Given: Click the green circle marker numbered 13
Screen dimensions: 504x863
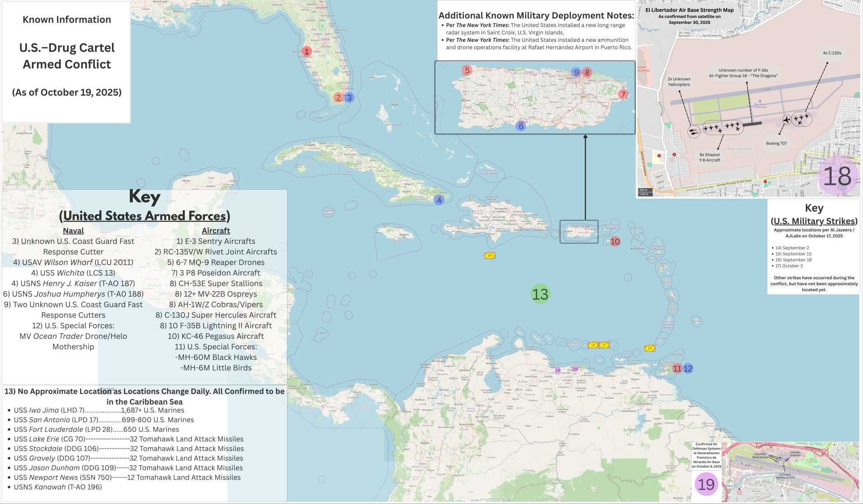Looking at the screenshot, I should pos(540,294).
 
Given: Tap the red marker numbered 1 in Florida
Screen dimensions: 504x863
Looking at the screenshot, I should pos(307,51).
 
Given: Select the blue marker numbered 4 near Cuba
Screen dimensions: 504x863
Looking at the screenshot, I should pos(439,200).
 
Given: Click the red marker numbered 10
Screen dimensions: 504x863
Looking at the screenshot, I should pos(615,242).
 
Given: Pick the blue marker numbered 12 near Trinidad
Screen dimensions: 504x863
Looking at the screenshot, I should pos(688,369).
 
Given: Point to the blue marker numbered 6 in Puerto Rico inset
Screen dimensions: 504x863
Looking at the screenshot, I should pos(521,126).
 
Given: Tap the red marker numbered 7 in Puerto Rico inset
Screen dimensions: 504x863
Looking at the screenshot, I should pos(623,94).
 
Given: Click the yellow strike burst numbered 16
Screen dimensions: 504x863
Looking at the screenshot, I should pos(489,256).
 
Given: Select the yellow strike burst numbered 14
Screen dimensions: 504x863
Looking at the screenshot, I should pos(649,348).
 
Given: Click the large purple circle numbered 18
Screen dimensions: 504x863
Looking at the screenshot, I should pos(837,176).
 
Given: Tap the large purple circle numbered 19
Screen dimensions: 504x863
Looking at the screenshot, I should pos(706,484).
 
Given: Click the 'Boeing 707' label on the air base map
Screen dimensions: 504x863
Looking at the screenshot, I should pos(776,144).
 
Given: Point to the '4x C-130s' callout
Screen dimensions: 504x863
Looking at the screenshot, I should pos(832,53).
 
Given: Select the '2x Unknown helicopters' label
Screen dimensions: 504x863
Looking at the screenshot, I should pos(679,81).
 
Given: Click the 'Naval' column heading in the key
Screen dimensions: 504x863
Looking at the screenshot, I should pos(73,231).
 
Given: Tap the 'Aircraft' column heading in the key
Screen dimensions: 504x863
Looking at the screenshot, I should pos(216,231).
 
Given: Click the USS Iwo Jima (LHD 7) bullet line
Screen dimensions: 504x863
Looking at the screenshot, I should pos(99,410).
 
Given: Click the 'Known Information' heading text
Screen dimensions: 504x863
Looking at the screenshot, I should pos(67,20).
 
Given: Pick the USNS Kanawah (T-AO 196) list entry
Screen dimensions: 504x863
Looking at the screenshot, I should pos(58,487).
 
